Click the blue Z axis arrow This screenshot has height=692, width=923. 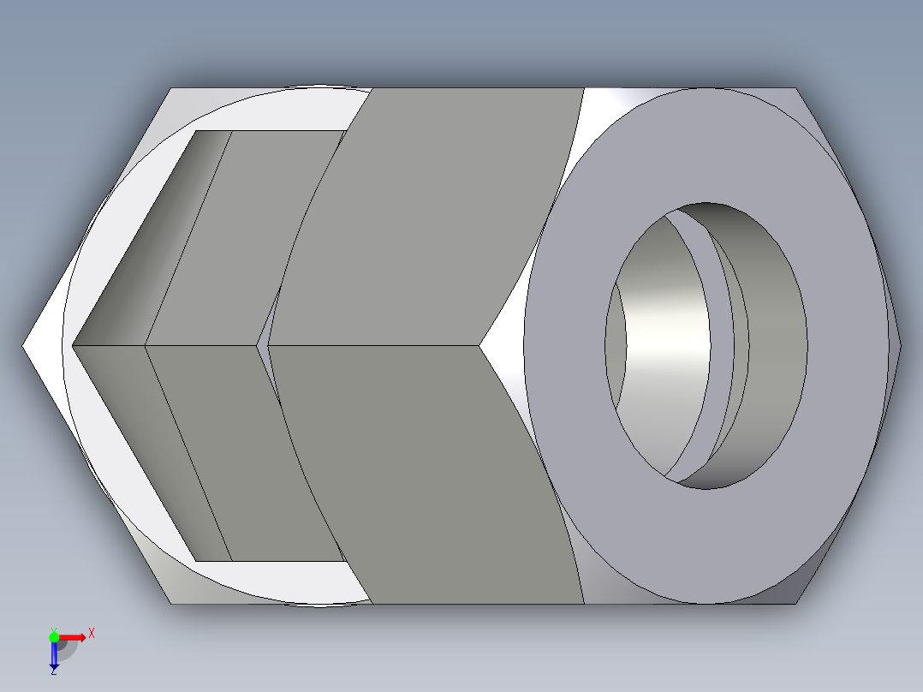click(x=54, y=655)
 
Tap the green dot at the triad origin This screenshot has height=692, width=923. click(x=54, y=636)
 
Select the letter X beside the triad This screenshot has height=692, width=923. click(x=91, y=634)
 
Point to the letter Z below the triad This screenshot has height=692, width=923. click(x=54, y=672)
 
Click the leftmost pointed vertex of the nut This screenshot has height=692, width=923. click(x=23, y=346)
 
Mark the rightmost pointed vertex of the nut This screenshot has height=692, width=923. click(x=901, y=346)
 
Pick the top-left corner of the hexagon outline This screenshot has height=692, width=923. click(x=171, y=88)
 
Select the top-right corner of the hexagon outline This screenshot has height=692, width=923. click(x=795, y=88)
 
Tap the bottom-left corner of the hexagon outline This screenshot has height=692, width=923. click(x=171, y=605)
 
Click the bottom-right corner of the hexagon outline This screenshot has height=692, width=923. click(x=795, y=605)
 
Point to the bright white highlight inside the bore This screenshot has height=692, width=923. click(x=668, y=347)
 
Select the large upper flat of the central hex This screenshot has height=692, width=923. click(x=428, y=214)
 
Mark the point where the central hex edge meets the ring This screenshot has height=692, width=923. click(x=479, y=346)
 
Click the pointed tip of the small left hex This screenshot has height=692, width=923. click(x=74, y=346)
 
